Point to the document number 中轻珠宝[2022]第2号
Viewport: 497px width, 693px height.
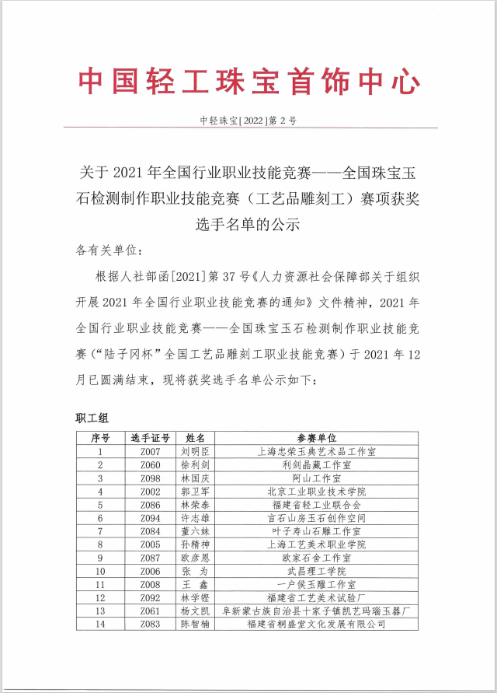pos(248,121)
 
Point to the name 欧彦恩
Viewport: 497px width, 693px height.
pos(195,558)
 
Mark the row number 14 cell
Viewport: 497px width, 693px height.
pos(100,624)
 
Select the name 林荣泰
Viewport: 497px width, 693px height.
pos(195,505)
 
